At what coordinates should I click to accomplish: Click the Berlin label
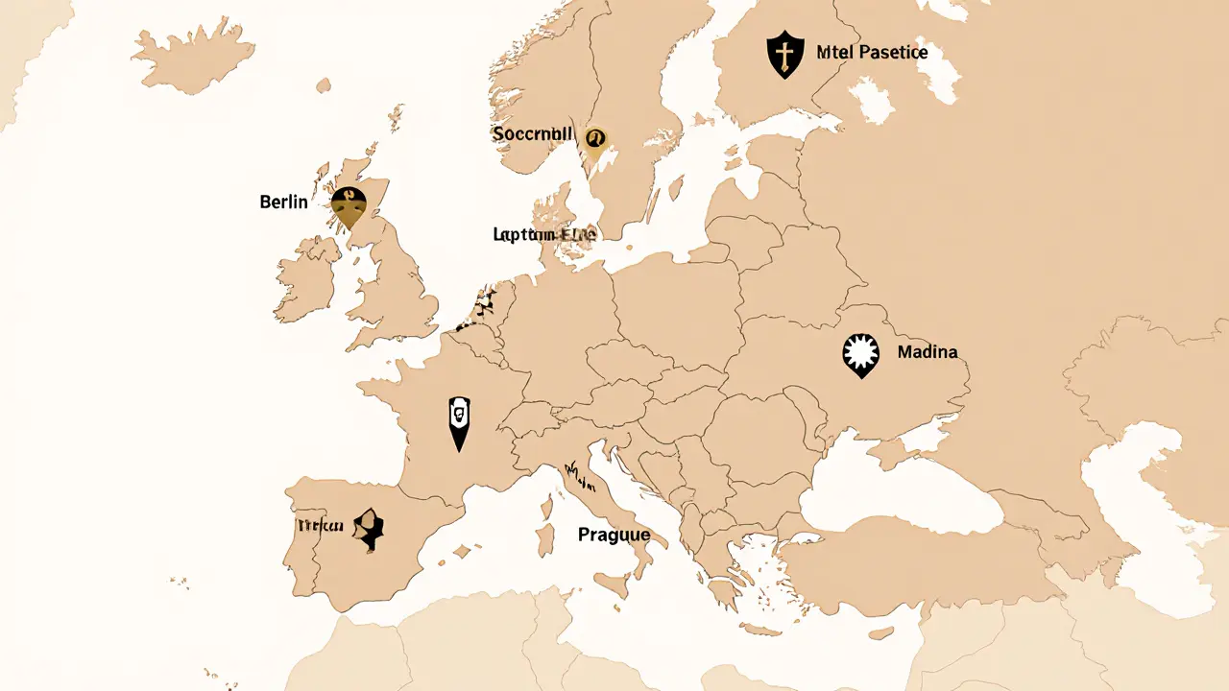[283, 202]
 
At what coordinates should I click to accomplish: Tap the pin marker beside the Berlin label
[348, 205]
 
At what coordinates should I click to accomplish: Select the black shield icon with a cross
[785, 54]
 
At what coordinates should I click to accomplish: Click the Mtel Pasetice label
[872, 53]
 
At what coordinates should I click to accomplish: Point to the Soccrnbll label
[532, 134]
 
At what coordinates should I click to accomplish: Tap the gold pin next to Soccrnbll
[594, 141]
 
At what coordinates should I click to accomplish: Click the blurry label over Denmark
[543, 234]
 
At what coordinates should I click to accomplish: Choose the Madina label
[927, 352]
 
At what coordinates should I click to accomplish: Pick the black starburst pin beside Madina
[860, 354]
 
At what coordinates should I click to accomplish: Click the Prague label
[614, 535]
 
